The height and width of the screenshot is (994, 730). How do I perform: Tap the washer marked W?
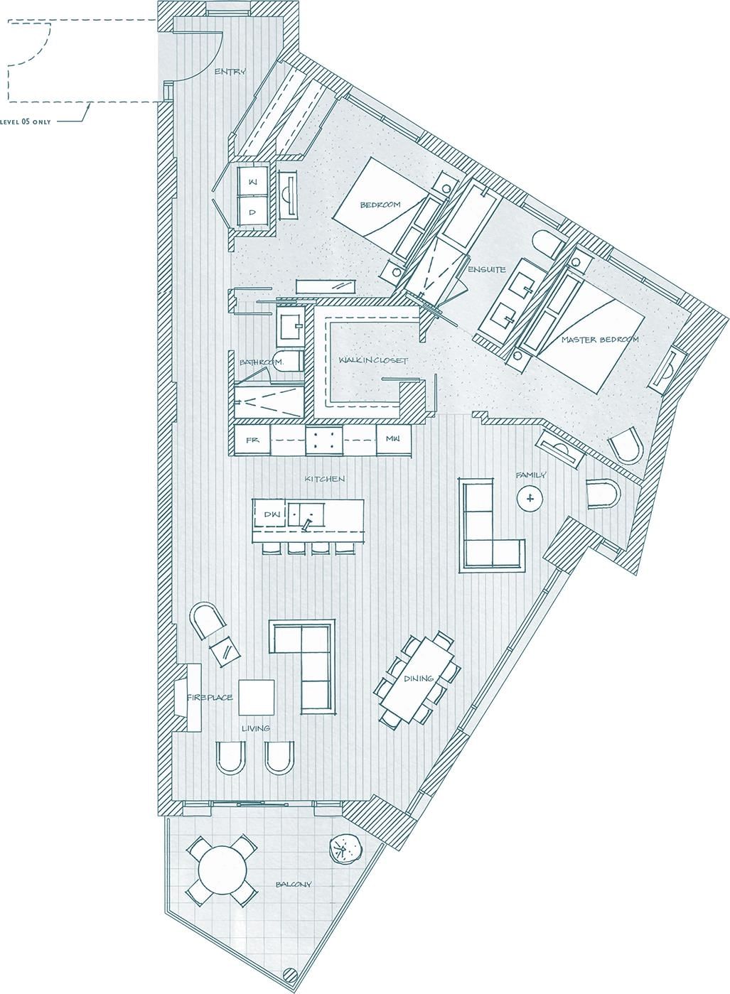tap(251, 183)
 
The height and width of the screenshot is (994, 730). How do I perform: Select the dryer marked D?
tap(251, 212)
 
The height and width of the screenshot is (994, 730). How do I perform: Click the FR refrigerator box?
tap(252, 440)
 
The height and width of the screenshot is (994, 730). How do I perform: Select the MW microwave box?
tap(393, 439)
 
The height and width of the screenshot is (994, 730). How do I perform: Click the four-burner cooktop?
tap(324, 440)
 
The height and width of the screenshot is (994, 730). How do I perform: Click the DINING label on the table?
tap(419, 679)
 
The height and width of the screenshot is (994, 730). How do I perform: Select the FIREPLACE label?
tap(210, 698)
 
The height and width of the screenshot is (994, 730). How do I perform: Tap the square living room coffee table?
tap(256, 697)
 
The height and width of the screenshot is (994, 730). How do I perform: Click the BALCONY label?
tap(293, 885)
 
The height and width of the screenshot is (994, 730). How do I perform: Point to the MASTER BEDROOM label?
tap(599, 340)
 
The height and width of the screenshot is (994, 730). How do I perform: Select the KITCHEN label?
tap(325, 479)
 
